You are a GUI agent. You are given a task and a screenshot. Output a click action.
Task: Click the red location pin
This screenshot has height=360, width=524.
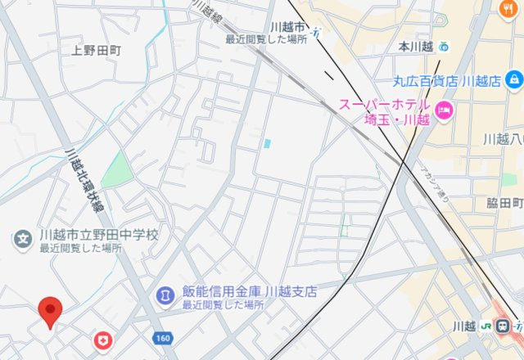[52, 311]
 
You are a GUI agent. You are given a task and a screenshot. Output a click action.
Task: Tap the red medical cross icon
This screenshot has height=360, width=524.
[102, 340]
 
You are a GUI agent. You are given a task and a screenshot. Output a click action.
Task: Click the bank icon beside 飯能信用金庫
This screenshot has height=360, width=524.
[165, 293]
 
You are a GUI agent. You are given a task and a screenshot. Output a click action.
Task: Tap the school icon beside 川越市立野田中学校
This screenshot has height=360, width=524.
[23, 239]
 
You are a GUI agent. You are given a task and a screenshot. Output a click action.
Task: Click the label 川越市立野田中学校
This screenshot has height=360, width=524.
[98, 235]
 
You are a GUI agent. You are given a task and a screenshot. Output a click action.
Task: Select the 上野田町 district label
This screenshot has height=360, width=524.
[96, 50]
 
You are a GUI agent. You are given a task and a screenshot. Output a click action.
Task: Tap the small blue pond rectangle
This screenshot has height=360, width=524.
[267, 143]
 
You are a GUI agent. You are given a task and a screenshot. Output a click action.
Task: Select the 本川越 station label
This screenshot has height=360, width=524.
[415, 47]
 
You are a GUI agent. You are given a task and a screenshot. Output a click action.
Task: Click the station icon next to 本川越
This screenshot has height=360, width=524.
[444, 47]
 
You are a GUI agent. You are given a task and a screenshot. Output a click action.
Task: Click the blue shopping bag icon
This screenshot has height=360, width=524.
[513, 80]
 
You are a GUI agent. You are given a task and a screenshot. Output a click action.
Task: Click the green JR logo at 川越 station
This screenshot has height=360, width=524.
[489, 326]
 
